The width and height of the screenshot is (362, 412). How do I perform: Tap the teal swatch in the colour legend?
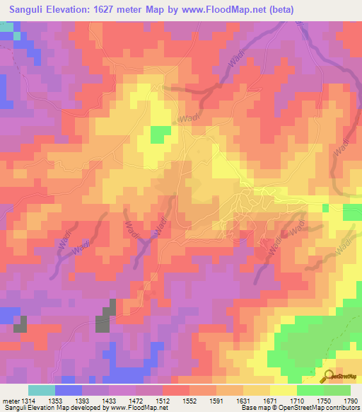tap(41, 391)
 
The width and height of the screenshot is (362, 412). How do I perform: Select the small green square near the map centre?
tap(160, 135)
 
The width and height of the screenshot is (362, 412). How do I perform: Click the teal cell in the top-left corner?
tap(6, 28)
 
